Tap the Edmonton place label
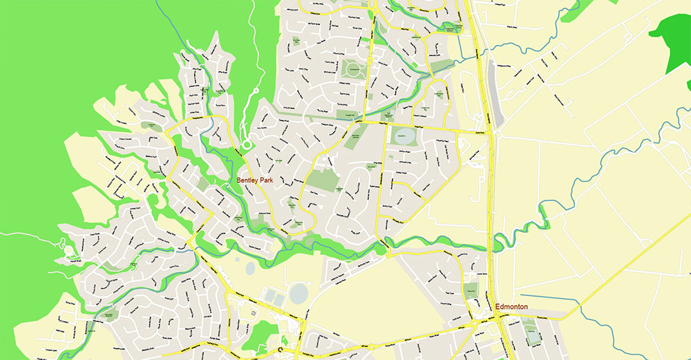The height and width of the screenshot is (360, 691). click(x=512, y=306)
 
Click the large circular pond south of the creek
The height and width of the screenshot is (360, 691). click(x=299, y=293)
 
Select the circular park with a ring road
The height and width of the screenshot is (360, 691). click(x=352, y=69)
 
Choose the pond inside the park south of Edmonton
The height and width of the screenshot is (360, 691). click(x=534, y=337)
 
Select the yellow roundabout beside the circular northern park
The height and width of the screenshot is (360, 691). click(x=369, y=61)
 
